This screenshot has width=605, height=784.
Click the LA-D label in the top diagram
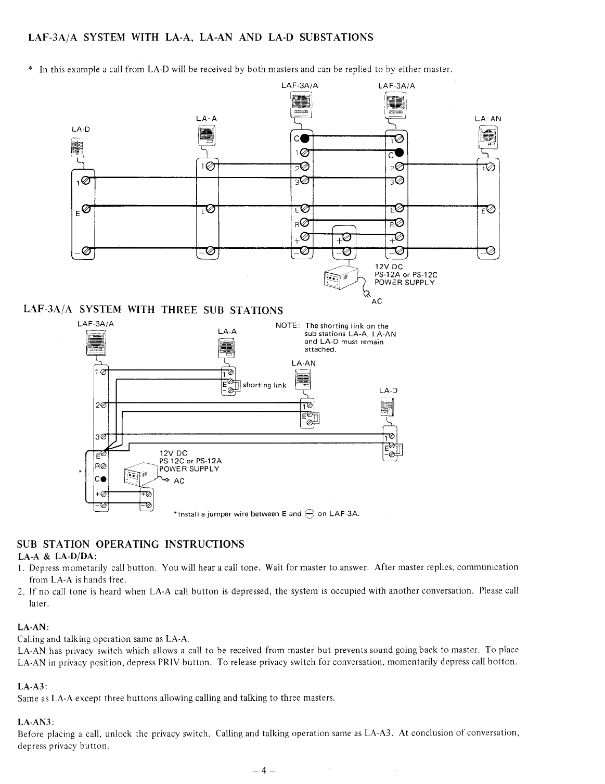pyautogui.click(x=79, y=129)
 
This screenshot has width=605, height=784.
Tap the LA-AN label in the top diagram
pyautogui.click(x=488, y=119)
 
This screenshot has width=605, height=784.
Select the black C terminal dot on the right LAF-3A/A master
pyautogui.click(x=399, y=153)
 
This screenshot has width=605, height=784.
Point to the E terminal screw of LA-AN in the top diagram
pyautogui.click(x=490, y=210)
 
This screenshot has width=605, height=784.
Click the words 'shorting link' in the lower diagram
pyautogui.click(x=265, y=385)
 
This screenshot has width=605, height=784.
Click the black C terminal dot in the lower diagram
pyautogui.click(x=104, y=479)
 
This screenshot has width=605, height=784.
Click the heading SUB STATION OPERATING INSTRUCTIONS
pyautogui.click(x=131, y=544)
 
